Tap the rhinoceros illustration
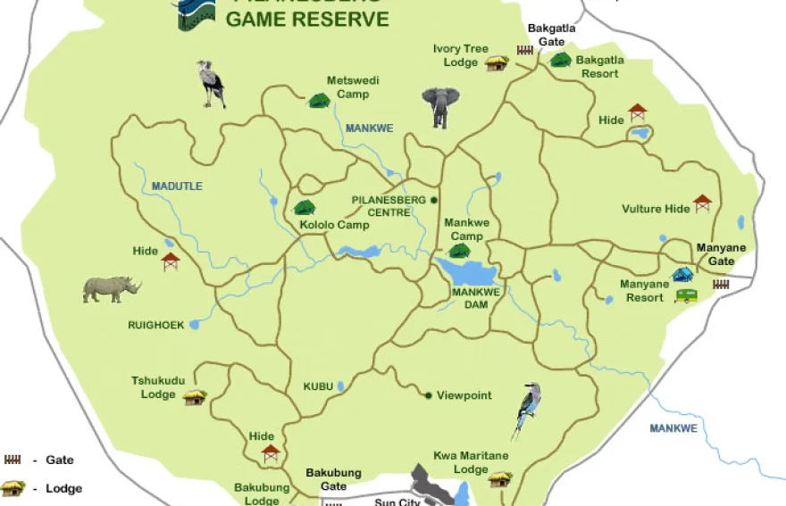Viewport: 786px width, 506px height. point(112,288)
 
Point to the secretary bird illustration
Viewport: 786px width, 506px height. point(212,83)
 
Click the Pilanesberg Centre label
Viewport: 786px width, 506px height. point(389,205)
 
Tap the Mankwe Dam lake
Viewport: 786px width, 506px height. point(465,270)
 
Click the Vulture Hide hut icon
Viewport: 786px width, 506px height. point(703,203)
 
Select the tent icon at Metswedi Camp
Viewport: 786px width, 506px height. point(319,101)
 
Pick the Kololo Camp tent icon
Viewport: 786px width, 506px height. point(305,208)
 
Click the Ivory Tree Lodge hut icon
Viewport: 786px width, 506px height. point(497,62)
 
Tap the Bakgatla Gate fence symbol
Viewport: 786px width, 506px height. point(524,51)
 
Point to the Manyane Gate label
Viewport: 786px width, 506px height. point(715,254)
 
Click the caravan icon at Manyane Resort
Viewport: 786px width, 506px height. point(686,295)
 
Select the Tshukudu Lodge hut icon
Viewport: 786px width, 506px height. point(195,397)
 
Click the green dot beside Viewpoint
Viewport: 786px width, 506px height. point(428,395)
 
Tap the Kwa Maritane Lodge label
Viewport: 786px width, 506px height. point(471,462)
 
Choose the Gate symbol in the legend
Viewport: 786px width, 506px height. point(13,460)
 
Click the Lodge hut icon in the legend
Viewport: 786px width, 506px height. point(13,488)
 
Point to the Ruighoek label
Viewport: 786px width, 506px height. point(155,326)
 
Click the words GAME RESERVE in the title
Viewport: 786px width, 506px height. point(307,20)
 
